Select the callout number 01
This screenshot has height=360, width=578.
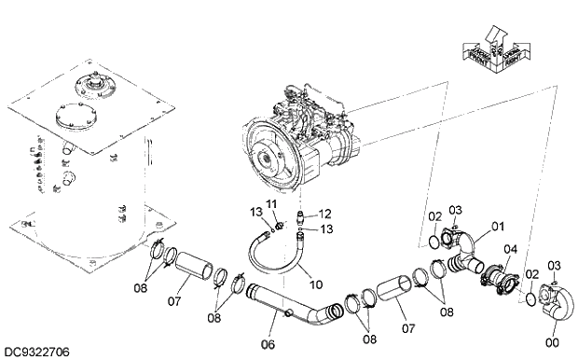tap(498, 225)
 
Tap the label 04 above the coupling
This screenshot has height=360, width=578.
tap(510, 249)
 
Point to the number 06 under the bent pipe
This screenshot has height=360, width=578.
tap(268, 344)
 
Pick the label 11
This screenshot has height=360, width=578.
tap(271, 203)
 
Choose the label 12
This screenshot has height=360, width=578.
tap(313, 214)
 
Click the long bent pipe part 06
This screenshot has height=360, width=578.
tap(289, 312)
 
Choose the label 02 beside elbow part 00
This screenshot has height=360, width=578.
tap(532, 274)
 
